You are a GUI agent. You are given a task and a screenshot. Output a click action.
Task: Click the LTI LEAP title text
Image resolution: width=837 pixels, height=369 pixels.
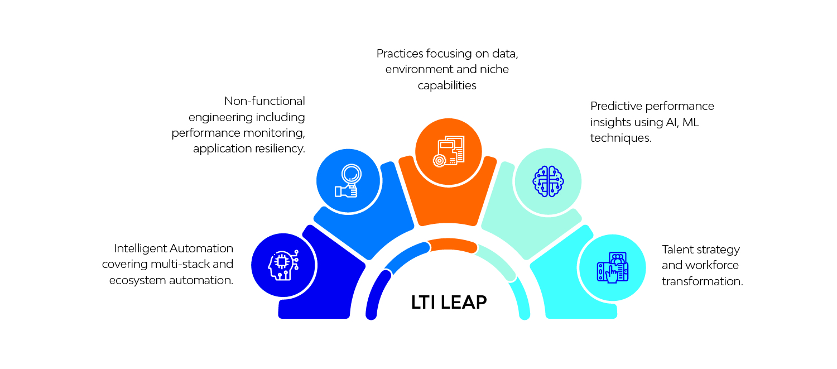[x=449, y=303]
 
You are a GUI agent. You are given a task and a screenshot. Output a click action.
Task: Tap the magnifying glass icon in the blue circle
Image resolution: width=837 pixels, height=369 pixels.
[x=348, y=181]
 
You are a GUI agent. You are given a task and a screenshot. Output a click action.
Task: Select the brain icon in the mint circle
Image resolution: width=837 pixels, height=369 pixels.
[x=548, y=181]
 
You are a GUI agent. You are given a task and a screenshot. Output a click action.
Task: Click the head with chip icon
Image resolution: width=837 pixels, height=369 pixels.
[x=283, y=265]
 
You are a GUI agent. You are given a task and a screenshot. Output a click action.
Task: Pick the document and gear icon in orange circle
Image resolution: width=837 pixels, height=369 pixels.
[x=449, y=151]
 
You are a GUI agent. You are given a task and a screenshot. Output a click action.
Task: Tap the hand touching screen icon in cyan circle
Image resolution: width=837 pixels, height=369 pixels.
[x=613, y=268]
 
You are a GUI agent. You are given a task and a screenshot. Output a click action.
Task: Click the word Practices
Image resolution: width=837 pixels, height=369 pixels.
[x=400, y=54]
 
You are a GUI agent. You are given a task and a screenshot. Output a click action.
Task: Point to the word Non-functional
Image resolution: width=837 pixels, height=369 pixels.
[x=264, y=101]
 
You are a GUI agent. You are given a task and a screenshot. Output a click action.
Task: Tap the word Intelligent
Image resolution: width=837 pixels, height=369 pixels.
[x=140, y=248]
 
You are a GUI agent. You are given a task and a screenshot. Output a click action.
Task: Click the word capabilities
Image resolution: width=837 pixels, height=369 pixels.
[x=447, y=85]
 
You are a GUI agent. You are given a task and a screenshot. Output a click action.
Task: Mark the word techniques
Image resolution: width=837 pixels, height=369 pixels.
[x=621, y=138]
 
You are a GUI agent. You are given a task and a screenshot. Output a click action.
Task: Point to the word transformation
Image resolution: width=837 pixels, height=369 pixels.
[x=703, y=281]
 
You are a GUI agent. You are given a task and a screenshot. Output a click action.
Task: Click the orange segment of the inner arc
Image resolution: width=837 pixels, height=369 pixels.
[x=452, y=245]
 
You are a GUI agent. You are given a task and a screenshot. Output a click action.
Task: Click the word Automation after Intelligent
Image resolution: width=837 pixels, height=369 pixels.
[x=201, y=248]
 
